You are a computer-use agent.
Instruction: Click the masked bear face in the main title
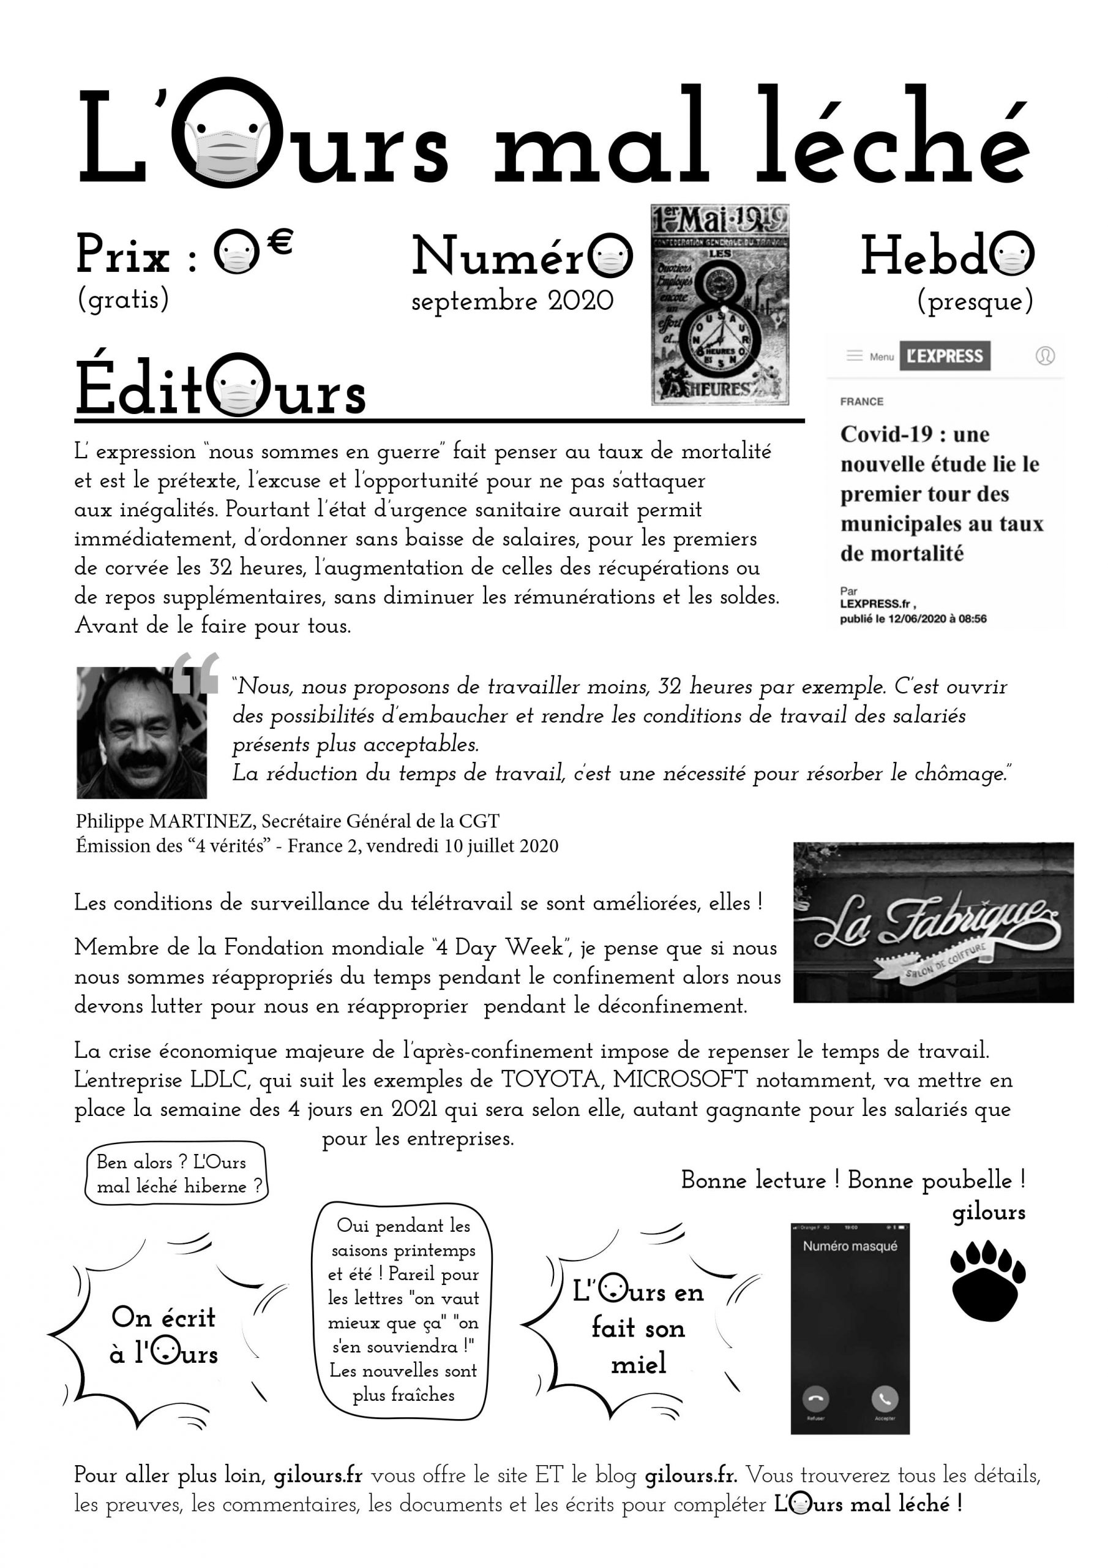(225, 132)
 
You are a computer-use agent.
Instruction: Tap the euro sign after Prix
(279, 242)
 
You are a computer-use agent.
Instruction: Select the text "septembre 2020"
(512, 301)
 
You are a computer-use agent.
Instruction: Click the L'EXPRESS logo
(944, 356)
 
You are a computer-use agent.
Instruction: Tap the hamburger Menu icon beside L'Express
(854, 356)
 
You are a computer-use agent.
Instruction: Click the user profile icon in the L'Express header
(1044, 356)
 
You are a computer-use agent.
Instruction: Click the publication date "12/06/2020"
(918, 619)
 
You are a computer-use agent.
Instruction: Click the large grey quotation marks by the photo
(195, 673)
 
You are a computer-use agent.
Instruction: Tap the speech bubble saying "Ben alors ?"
(176, 1174)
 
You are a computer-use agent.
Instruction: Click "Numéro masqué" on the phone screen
(850, 1246)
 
